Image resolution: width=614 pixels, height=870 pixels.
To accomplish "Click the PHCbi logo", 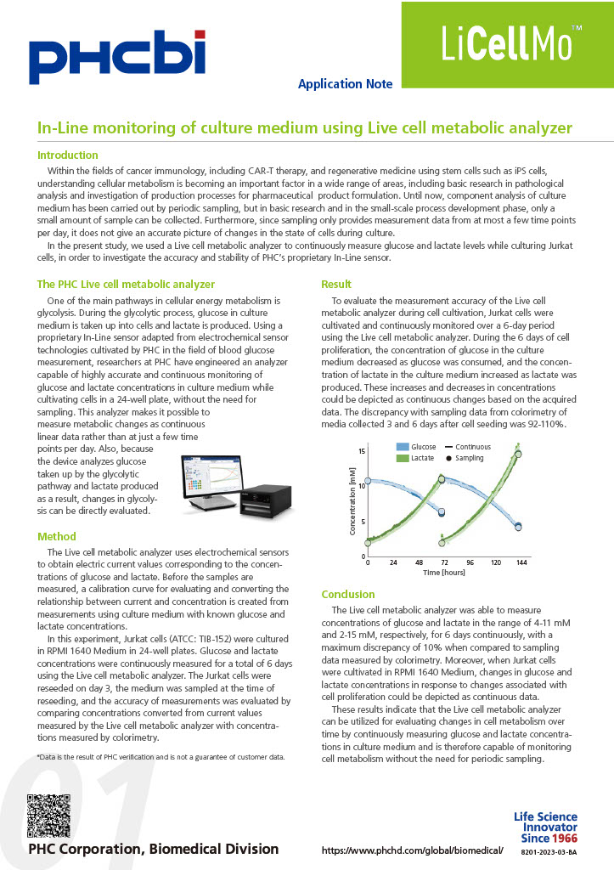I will [116, 53].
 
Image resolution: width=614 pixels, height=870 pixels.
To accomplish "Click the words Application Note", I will [345, 84].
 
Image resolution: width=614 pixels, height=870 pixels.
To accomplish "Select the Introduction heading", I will [68, 155].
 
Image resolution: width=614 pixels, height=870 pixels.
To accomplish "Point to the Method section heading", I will [57, 536].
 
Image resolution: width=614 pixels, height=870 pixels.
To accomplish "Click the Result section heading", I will [336, 284].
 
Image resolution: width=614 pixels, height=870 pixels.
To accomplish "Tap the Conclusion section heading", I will [348, 594].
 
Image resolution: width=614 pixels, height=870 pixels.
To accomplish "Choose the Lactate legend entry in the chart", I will [415, 458].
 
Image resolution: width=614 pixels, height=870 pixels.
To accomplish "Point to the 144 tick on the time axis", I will [521, 563].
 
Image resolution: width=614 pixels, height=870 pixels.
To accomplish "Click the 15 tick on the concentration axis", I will [361, 450].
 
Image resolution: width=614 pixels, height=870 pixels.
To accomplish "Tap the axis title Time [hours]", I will [444, 573].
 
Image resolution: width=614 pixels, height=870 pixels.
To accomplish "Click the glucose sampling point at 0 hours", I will [368, 482].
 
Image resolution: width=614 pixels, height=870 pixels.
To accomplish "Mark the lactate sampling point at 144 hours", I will [519, 454].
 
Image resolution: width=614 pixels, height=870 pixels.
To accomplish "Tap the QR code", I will [48, 815].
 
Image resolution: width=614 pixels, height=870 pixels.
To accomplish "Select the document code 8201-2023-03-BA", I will [548, 850].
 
